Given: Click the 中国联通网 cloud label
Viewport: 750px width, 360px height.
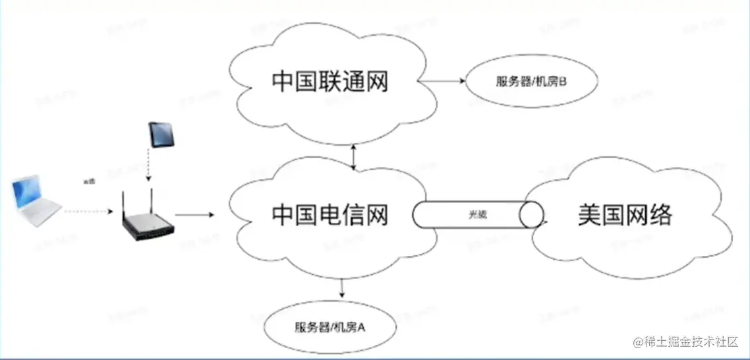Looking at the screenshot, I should click(330, 82).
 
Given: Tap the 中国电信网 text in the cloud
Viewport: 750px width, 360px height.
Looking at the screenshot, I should click(330, 214).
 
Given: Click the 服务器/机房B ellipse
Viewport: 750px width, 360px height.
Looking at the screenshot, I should click(531, 82).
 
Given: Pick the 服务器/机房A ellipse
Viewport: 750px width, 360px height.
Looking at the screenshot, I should click(330, 327).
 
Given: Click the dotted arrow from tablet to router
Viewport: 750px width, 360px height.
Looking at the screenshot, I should click(150, 165).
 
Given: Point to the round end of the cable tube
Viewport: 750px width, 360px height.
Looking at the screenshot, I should click(531, 215).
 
